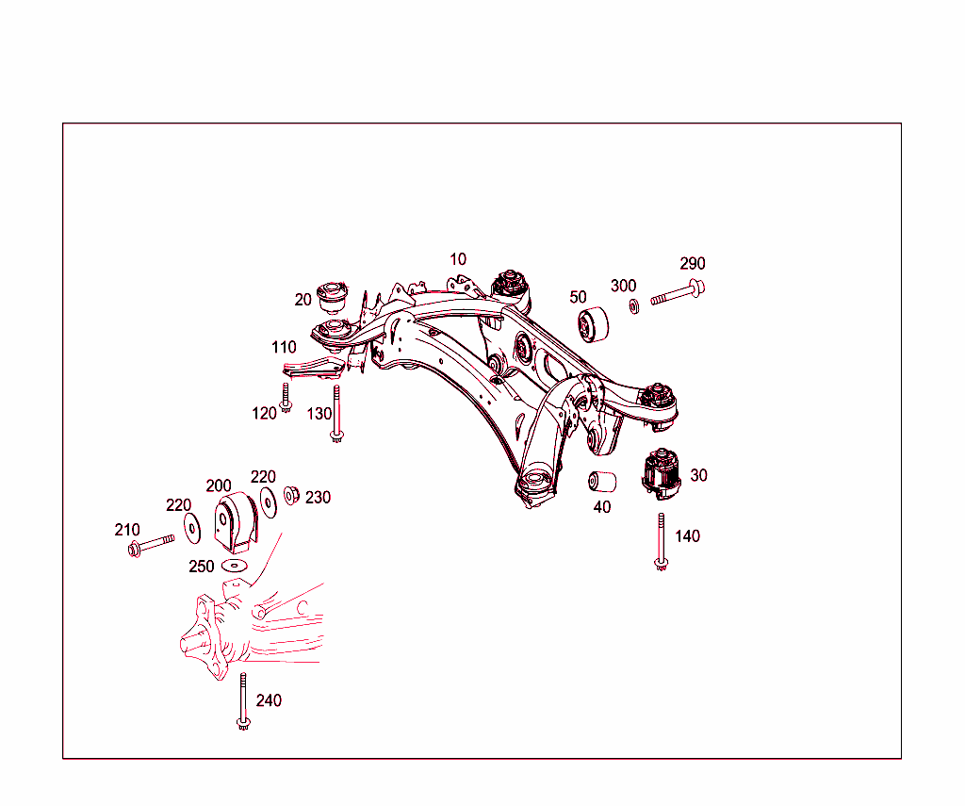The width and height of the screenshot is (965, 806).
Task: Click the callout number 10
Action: tap(457, 259)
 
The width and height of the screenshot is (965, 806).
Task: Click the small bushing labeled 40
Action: tap(602, 482)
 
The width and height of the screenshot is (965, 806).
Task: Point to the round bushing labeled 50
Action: tap(593, 325)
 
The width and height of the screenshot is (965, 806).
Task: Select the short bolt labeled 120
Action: tap(286, 399)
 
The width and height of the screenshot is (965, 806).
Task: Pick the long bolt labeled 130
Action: tap(336, 415)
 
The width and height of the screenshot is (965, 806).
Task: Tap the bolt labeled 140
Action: tap(662, 541)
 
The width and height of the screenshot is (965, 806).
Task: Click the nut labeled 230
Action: tap(291, 493)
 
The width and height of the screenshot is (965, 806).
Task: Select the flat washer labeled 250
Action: tap(233, 566)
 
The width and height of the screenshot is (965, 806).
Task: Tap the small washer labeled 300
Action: tap(634, 305)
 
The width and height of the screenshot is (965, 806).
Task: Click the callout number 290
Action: tap(693, 263)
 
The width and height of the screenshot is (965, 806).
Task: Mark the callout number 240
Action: tap(269, 700)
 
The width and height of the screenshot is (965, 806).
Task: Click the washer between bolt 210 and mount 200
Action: tap(192, 528)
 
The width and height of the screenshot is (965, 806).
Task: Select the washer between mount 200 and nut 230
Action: tap(269, 501)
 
